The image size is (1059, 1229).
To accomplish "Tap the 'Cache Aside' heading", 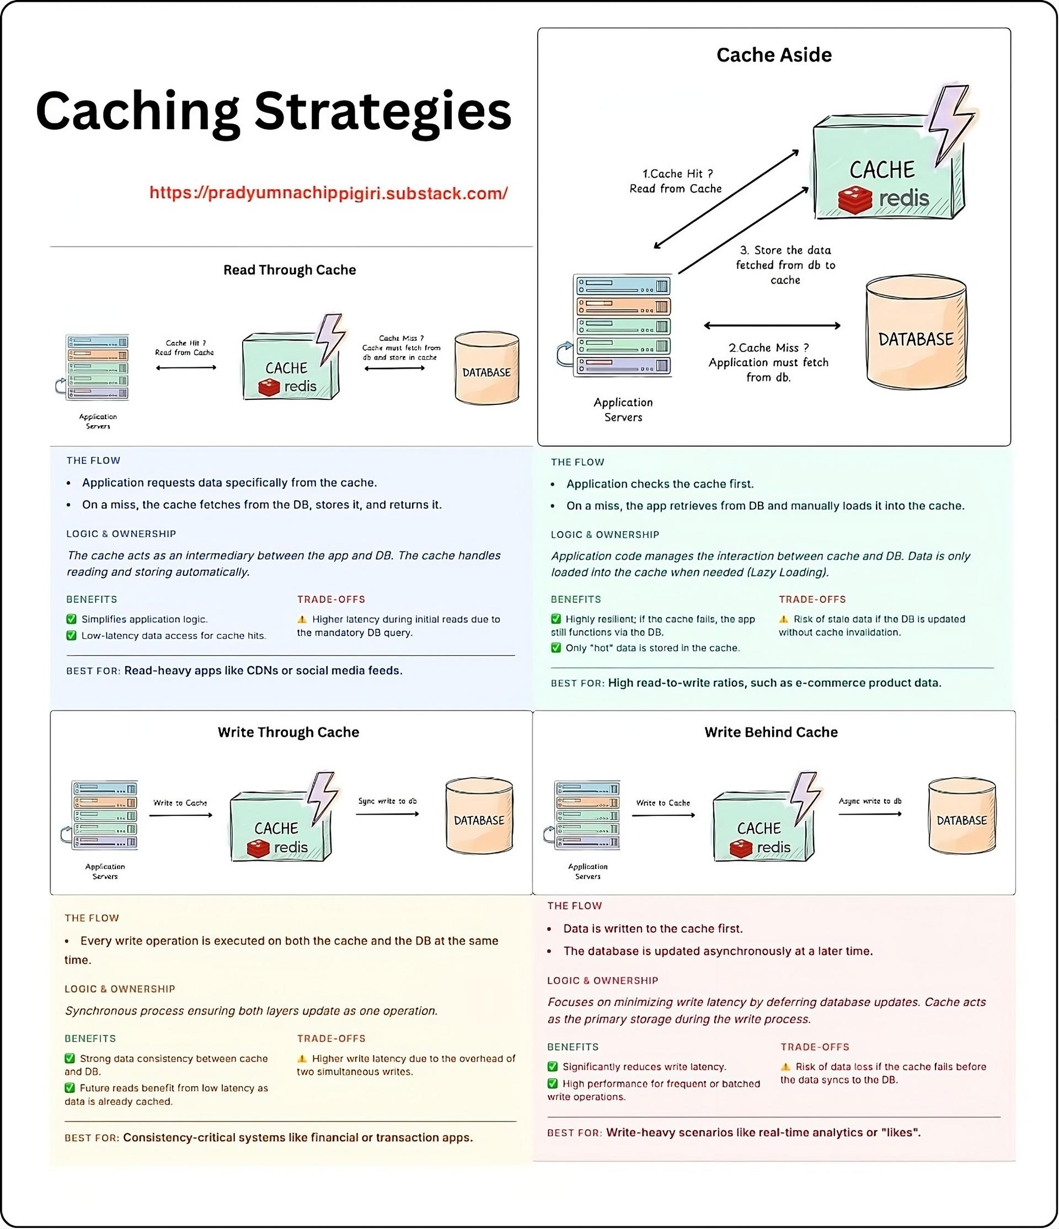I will pos(774,55).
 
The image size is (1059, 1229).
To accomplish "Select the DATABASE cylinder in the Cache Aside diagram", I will pos(916,336).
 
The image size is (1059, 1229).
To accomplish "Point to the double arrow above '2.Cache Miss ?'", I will pos(772,325).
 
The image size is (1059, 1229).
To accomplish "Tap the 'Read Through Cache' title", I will pos(290,270).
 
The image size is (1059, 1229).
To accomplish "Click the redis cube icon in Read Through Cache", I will pos(269,388).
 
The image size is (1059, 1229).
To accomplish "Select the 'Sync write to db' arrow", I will pos(387,814).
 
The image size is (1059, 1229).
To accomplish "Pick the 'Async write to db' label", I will pos(870,801).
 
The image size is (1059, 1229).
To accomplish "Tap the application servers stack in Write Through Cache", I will pos(104,816).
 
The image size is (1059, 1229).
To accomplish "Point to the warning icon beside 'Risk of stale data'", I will pos(783,619).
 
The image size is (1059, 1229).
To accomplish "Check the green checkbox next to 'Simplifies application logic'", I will pos(72,619).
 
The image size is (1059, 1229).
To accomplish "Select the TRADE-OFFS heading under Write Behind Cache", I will pos(814,1048).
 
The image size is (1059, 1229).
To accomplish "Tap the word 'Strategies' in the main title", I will pos(382,111).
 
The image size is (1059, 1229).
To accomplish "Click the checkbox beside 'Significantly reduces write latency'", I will pos(553,1067).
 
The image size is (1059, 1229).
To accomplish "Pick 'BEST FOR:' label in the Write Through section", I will pos(92,1137).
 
